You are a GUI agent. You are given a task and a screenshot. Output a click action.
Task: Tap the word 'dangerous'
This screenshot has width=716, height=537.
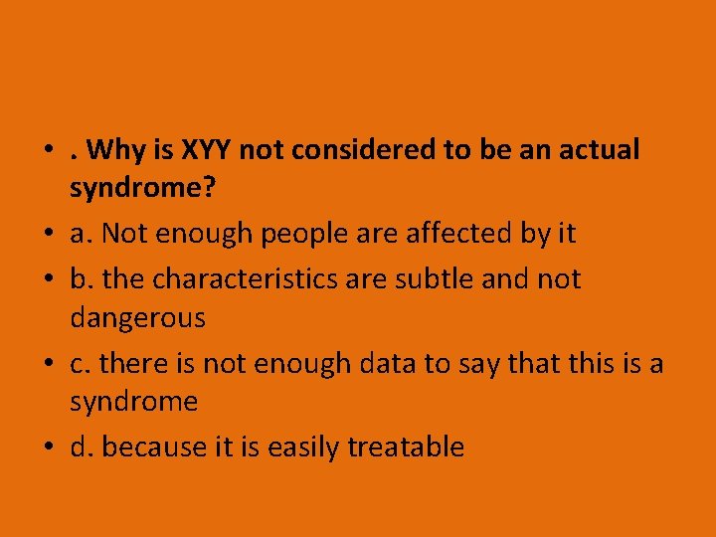pos(137,319)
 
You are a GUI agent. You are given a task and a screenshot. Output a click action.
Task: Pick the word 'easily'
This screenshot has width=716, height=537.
pos(300,448)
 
